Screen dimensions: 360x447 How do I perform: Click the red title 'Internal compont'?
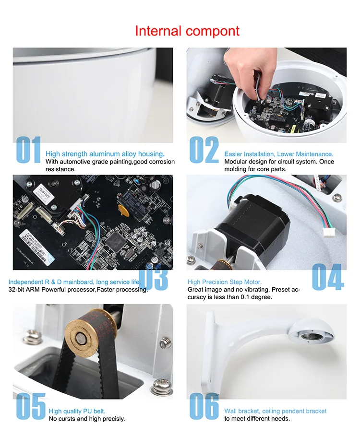click(187, 31)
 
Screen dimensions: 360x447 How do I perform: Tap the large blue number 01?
click(28, 150)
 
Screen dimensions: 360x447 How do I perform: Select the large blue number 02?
click(204, 150)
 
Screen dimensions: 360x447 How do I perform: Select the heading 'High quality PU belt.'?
click(77, 411)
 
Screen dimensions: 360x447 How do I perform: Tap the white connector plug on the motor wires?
click(329, 233)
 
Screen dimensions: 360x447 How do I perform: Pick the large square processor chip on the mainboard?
click(116, 240)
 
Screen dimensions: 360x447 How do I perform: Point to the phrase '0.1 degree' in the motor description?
click(256, 297)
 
